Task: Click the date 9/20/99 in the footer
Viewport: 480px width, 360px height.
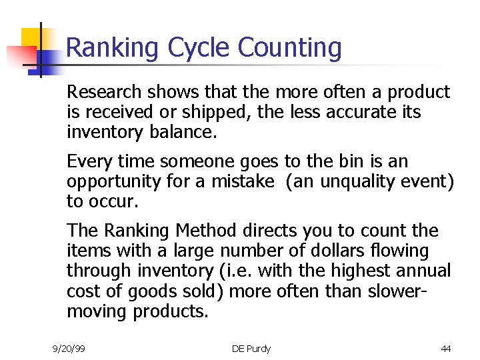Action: pyautogui.click(x=69, y=349)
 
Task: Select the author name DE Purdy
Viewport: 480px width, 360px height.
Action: pyautogui.click(x=251, y=349)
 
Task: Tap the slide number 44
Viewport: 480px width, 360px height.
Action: pyautogui.click(x=445, y=349)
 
